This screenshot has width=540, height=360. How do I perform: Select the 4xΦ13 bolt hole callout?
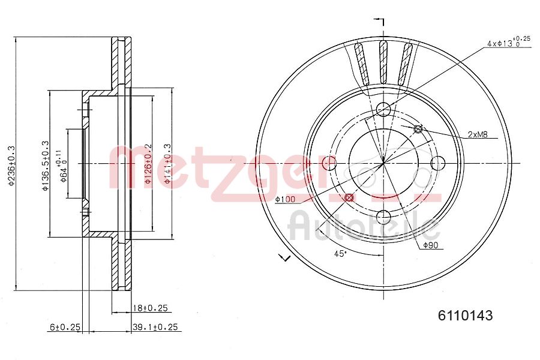(508, 43)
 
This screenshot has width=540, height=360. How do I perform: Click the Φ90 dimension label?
(433, 245)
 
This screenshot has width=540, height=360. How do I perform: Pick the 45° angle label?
(340, 254)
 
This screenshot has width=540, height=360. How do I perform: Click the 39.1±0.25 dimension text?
(156, 327)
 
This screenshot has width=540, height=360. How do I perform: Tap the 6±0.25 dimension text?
(65, 327)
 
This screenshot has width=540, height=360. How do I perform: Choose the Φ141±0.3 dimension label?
(168, 164)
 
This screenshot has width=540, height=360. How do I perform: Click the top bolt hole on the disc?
(383, 109)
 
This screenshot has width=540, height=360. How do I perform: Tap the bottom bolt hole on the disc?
(383, 217)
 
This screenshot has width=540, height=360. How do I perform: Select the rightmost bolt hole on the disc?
(437, 163)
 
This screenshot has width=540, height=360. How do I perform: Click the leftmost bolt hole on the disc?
(329, 163)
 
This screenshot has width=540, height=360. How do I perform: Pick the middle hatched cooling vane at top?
(383, 62)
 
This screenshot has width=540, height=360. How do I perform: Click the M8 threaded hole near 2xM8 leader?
(418, 128)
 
